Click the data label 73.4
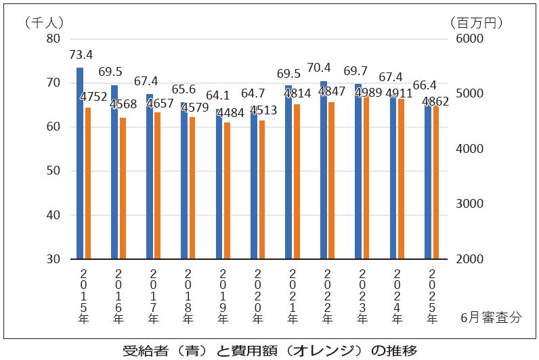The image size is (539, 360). point(81,55)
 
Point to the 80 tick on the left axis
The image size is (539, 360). point(53,39)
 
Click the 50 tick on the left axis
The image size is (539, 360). point(53,171)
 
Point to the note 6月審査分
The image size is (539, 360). point(491,317)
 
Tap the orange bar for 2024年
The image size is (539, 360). point(401,179)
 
